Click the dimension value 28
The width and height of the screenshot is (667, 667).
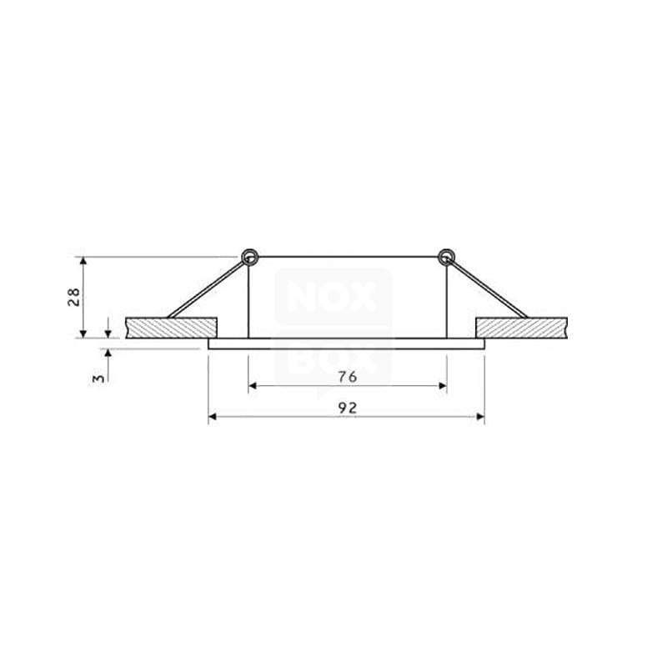coord(73,297)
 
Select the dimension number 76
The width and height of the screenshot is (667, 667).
coord(348,377)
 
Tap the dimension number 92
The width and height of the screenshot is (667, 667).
coord(348,408)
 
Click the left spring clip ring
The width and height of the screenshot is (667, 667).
coord(248,256)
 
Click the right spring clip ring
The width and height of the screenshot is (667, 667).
coord(447,256)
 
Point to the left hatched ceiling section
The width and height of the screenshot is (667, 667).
coord(171,328)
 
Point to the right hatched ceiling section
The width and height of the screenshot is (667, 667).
coord(521,328)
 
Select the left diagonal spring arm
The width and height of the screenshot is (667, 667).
coord(208,288)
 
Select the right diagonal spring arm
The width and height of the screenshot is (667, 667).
coord(488,288)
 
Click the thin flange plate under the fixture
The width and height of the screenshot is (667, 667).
coord(346,343)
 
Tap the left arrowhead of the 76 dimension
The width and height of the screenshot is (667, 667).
coord(253,387)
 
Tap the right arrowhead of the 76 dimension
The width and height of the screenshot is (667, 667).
coord(442,387)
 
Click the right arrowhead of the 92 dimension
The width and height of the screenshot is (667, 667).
coord(479,417)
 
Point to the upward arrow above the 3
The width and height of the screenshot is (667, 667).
coord(108,354)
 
